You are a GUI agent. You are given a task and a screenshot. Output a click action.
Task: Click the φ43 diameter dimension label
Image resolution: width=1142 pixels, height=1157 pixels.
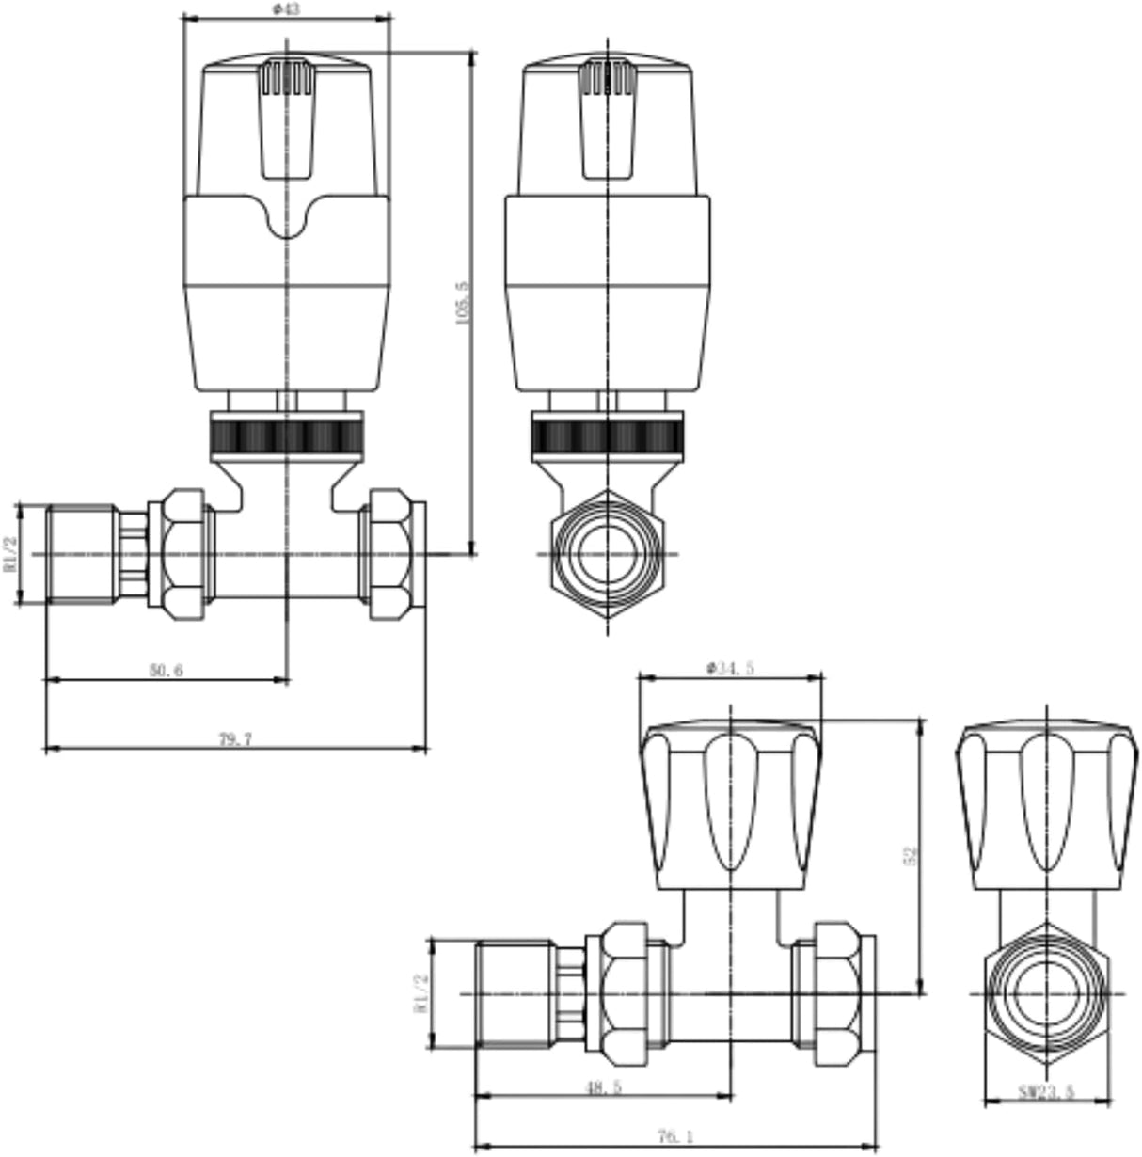pos(284,8)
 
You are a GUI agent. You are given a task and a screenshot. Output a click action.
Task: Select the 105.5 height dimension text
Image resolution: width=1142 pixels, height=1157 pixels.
pos(461,303)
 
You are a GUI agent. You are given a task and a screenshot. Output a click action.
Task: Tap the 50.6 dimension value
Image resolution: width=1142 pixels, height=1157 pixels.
pos(166,670)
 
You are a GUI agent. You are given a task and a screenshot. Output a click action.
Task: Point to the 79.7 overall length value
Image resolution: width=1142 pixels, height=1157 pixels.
pos(235,739)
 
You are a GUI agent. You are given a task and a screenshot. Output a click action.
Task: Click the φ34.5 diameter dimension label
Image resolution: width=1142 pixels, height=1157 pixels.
pos(730,668)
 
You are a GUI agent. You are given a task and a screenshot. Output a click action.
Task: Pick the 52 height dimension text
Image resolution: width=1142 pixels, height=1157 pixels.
pos(909,855)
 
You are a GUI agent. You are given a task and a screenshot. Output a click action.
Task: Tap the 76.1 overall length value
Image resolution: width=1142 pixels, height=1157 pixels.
pos(675,1137)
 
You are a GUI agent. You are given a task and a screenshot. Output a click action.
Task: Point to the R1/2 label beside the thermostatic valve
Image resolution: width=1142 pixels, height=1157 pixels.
pos(10,554)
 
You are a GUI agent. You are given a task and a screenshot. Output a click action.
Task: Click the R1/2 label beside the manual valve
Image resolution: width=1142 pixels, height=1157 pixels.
pos(420,993)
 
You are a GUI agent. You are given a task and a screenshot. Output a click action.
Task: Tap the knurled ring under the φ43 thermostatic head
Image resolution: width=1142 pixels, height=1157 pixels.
pos(285,436)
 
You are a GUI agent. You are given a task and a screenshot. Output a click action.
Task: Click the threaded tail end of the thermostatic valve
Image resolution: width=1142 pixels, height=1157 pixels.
pos(82,554)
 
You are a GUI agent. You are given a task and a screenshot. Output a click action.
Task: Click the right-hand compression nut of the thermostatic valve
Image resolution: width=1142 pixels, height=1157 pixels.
pos(395,554)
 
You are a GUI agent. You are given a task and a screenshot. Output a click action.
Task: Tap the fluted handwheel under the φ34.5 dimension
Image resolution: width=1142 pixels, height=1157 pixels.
pos(730,804)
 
